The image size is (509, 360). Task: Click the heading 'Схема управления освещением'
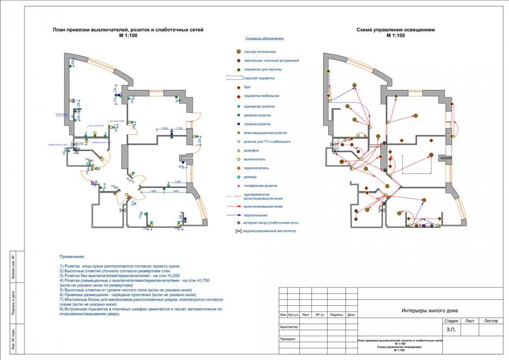(395, 30)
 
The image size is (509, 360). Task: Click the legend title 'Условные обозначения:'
(265, 39)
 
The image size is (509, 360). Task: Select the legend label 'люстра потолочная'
(264, 52)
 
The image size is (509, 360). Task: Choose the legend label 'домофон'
(253, 150)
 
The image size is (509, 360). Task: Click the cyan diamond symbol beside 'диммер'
(238, 177)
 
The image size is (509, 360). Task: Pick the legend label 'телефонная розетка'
(262, 186)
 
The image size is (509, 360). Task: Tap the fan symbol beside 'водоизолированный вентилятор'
(238, 231)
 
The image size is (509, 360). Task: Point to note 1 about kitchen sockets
(119, 267)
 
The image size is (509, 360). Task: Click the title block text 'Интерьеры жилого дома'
(429, 310)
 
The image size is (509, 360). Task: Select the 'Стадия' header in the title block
(451, 321)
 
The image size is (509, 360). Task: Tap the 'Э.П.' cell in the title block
(451, 329)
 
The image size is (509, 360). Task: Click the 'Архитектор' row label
(289, 326)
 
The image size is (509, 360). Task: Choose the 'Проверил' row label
(288, 339)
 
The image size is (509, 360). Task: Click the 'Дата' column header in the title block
(351, 315)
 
